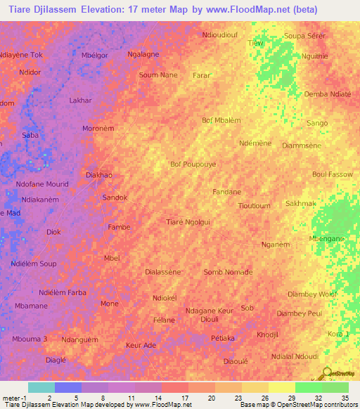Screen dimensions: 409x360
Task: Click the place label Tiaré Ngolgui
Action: pyautogui.click(x=188, y=221)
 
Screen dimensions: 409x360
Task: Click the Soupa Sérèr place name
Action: pyautogui.click(x=304, y=35)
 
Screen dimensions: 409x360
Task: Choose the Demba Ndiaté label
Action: pyautogui.click(x=327, y=94)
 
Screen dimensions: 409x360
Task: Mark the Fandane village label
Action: pyautogui.click(x=227, y=191)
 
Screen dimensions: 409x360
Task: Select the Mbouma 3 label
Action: pyautogui.click(x=30, y=339)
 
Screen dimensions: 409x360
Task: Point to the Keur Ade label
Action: pyautogui.click(x=141, y=346)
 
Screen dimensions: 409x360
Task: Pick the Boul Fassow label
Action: pyautogui.click(x=333, y=174)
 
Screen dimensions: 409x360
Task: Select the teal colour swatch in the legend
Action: pyautogui.click(x=41, y=387)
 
